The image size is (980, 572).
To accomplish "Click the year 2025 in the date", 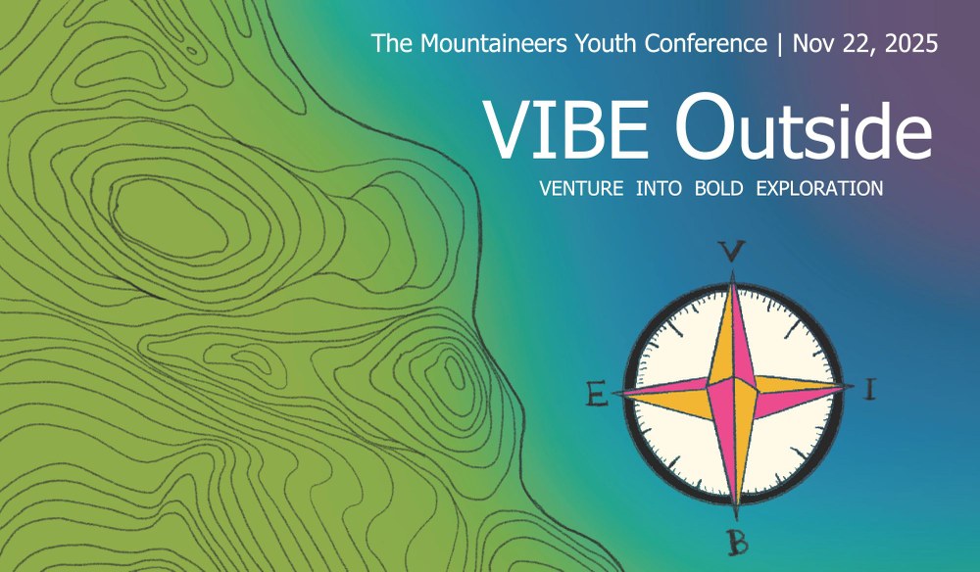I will (910, 44).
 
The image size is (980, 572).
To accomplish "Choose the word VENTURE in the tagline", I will (581, 188).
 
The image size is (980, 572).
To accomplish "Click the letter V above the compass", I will (733, 252).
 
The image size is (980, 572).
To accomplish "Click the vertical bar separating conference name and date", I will (780, 44).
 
